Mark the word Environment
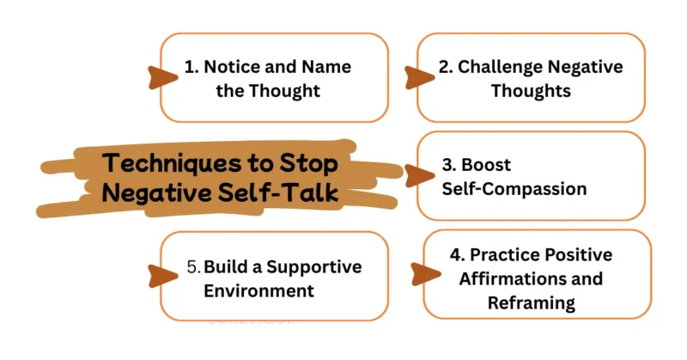point(258,290)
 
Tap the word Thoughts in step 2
point(530,89)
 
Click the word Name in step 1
point(320,67)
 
